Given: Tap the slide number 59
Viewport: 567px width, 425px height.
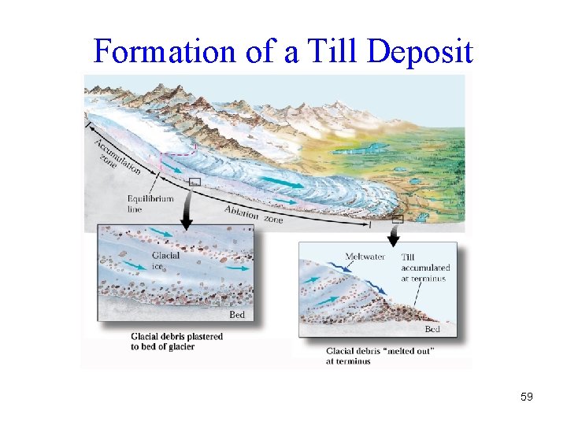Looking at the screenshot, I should click(526, 397).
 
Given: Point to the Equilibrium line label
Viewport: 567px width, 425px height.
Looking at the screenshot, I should click(150, 204).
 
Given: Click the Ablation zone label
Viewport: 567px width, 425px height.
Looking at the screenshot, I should click(253, 215).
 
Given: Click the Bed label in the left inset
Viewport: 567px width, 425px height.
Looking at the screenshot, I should click(236, 315).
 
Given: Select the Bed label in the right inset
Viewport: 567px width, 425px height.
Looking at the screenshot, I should click(432, 329).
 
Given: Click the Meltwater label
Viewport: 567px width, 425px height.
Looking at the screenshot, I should click(365, 257).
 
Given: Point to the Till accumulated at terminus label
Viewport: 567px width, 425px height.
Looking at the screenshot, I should click(423, 268).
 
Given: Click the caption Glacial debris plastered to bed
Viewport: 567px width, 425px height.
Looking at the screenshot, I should click(177, 342).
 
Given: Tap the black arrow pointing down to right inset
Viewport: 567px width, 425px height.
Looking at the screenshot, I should click(395, 232).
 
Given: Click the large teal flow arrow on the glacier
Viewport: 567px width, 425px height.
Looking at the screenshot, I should click(282, 183).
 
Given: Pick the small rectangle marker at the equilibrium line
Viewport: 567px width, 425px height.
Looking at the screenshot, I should click(195, 183).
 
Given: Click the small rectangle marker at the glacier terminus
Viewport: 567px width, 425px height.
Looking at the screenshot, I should click(398, 218).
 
